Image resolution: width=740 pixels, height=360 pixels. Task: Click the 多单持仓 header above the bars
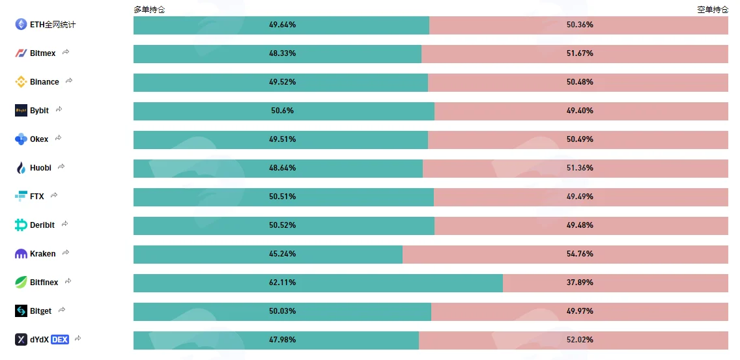pyautogui.click(x=149, y=9)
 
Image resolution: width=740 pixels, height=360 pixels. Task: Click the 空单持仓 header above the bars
pyautogui.click(x=713, y=9)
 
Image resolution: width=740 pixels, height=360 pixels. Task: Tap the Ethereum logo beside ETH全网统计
pyautogui.click(x=21, y=25)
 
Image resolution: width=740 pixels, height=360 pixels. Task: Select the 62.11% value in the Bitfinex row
pyautogui.click(x=282, y=283)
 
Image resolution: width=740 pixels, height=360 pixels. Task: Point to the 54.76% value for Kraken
pyautogui.click(x=580, y=254)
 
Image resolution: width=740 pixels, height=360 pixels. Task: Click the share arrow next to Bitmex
pyautogui.click(x=66, y=52)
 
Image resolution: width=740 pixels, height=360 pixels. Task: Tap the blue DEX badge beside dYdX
pyautogui.click(x=60, y=339)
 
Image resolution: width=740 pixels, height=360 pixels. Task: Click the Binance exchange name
pyautogui.click(x=44, y=82)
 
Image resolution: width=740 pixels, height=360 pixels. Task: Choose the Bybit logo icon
pyautogui.click(x=21, y=111)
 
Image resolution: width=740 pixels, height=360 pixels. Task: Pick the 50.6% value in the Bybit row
pyautogui.click(x=282, y=111)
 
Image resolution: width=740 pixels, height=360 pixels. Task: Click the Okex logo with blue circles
pyautogui.click(x=21, y=139)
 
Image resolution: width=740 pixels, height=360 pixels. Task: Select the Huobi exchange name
pyautogui.click(x=40, y=167)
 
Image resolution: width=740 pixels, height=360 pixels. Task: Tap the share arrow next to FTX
pyautogui.click(x=54, y=195)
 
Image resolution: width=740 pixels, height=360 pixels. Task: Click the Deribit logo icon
pyautogui.click(x=21, y=225)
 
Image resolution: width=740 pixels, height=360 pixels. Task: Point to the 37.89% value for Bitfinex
pyautogui.click(x=580, y=283)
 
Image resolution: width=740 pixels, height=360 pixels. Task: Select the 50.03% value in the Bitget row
pyautogui.click(x=282, y=311)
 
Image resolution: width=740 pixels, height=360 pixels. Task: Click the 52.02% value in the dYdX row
pyautogui.click(x=580, y=340)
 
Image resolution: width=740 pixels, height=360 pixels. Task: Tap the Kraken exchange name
pyautogui.click(x=42, y=254)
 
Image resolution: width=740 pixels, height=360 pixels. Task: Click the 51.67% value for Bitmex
pyautogui.click(x=580, y=53)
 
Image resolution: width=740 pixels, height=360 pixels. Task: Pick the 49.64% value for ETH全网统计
pyautogui.click(x=282, y=25)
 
